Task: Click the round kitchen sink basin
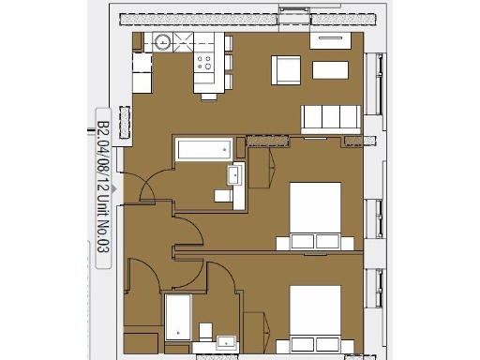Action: [162, 41]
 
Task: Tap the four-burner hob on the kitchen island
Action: [203, 62]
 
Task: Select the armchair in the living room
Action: [287, 68]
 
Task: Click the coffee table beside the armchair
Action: [333, 69]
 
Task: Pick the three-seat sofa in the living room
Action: [330, 117]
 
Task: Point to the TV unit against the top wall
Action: [331, 38]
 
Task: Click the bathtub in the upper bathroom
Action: [202, 150]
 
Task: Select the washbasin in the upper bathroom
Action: [234, 174]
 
